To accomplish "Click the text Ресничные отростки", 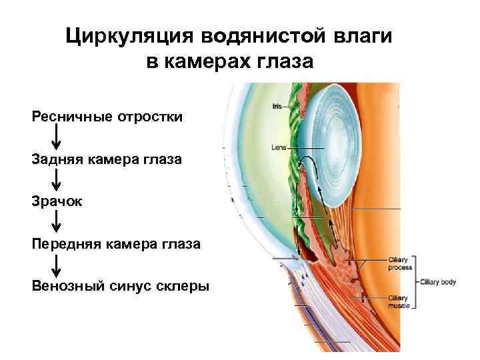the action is tap(107, 117).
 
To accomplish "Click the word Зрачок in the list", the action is tap(57, 201).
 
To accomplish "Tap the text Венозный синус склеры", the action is tap(120, 286).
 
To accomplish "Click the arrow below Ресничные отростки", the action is tap(57, 138).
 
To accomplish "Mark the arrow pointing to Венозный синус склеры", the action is tap(57, 265).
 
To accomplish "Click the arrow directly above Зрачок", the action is tap(57, 180).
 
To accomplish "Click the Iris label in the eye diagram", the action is tap(277, 106).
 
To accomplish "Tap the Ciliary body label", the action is tap(437, 282).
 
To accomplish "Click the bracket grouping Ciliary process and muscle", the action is tap(415, 282).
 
